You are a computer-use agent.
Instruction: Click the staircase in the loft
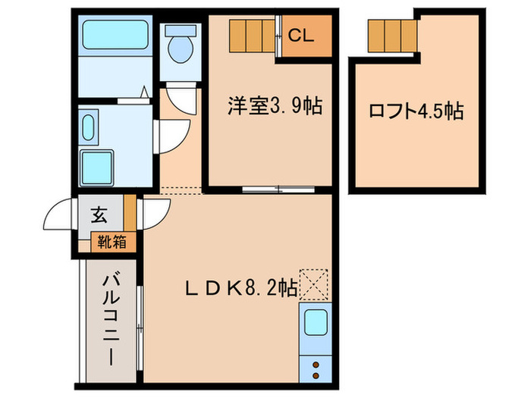click(393, 33)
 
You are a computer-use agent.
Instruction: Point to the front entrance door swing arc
click(61, 216)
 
